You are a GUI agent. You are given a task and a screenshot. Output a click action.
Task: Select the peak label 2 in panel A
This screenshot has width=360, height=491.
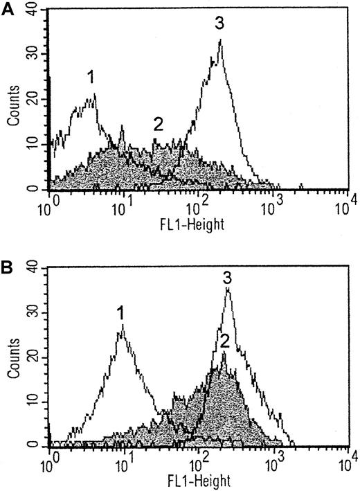coord(158,125)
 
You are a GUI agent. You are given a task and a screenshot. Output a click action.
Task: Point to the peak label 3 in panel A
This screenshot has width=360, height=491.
coord(219,24)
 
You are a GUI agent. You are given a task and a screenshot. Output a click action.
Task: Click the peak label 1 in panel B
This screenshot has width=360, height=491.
coord(120,314)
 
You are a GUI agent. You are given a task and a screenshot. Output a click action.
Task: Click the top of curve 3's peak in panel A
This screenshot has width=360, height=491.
coord(220,40)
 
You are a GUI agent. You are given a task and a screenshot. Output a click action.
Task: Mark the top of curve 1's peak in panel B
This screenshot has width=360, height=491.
coord(122,331)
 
